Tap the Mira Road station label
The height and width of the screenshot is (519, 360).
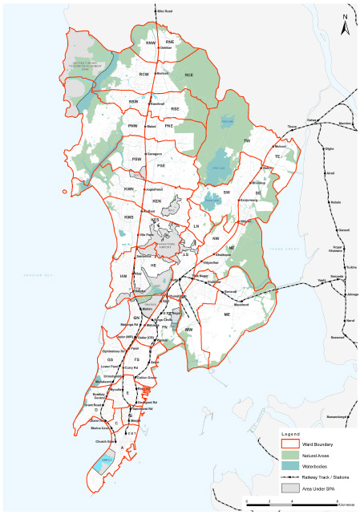point(165,11)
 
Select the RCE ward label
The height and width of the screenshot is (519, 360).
point(189,75)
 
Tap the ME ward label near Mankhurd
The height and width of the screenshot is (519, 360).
point(227,315)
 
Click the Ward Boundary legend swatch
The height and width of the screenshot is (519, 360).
point(290,444)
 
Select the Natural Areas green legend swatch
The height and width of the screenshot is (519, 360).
point(290,454)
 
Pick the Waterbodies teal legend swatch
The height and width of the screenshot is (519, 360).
point(290,465)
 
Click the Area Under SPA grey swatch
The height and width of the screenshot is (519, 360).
point(290,487)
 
